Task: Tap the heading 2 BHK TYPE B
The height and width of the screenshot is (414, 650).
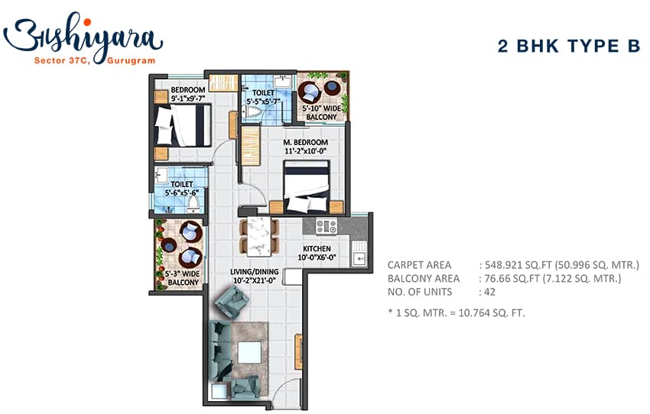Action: click(x=569, y=46)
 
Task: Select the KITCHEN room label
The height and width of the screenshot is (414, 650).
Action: click(x=317, y=248)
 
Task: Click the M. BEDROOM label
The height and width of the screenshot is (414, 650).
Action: click(x=306, y=142)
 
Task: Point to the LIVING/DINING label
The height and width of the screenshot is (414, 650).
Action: click(x=255, y=272)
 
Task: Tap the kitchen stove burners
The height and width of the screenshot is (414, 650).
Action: click(x=327, y=226)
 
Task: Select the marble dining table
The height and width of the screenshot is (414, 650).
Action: click(x=259, y=236)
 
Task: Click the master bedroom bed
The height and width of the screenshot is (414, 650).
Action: click(x=307, y=186)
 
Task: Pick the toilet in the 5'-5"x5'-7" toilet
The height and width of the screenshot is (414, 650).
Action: click(x=253, y=112)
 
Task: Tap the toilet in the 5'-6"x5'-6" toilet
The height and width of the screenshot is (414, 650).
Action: click(x=193, y=203)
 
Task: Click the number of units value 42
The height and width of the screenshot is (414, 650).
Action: click(x=489, y=292)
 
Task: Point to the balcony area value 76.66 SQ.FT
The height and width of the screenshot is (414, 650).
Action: click(x=512, y=278)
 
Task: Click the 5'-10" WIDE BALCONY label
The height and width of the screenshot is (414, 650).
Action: click(x=322, y=112)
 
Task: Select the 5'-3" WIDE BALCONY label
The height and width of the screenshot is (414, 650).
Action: click(x=183, y=278)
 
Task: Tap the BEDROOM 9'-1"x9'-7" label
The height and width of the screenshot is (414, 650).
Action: click(x=188, y=94)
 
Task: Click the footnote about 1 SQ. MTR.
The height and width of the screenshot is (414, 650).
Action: click(x=457, y=312)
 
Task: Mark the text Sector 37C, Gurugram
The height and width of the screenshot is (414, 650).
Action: click(x=95, y=60)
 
